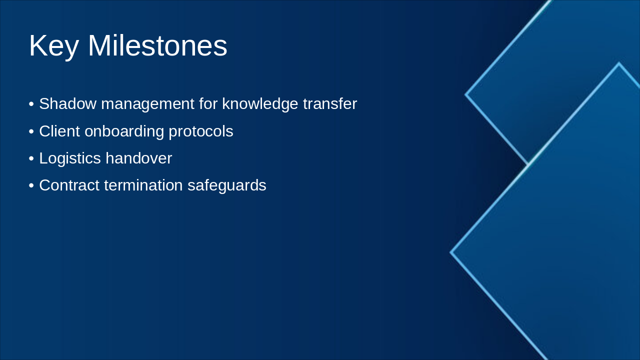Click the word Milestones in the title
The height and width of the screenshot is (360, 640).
click(x=157, y=45)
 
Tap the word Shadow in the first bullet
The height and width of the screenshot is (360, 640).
click(x=67, y=103)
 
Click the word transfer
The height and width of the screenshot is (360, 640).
click(x=330, y=103)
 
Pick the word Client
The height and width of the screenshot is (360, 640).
click(x=59, y=131)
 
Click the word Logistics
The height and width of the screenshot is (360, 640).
click(x=70, y=159)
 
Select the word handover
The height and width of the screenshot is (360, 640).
click(x=139, y=158)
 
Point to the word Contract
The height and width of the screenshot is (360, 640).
click(x=69, y=185)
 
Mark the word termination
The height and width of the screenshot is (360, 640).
click(x=143, y=185)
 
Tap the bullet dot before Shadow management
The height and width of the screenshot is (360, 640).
click(x=31, y=104)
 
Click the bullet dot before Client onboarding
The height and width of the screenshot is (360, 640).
click(x=31, y=131)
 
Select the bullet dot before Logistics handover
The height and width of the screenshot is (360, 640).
click(x=31, y=158)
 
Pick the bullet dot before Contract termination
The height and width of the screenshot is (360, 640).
click(x=31, y=185)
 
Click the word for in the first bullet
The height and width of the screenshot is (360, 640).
click(x=208, y=103)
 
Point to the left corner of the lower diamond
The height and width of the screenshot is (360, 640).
click(x=450, y=252)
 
